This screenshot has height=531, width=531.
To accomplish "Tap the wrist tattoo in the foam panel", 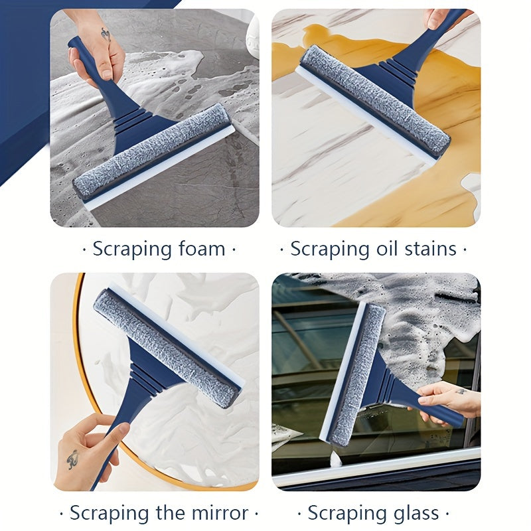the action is point(106,35).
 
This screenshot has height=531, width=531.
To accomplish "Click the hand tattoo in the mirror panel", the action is point(72,459).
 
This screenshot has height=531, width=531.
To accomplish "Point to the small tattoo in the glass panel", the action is point(460,392).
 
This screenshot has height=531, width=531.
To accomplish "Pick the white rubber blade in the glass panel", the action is point(342,369).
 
